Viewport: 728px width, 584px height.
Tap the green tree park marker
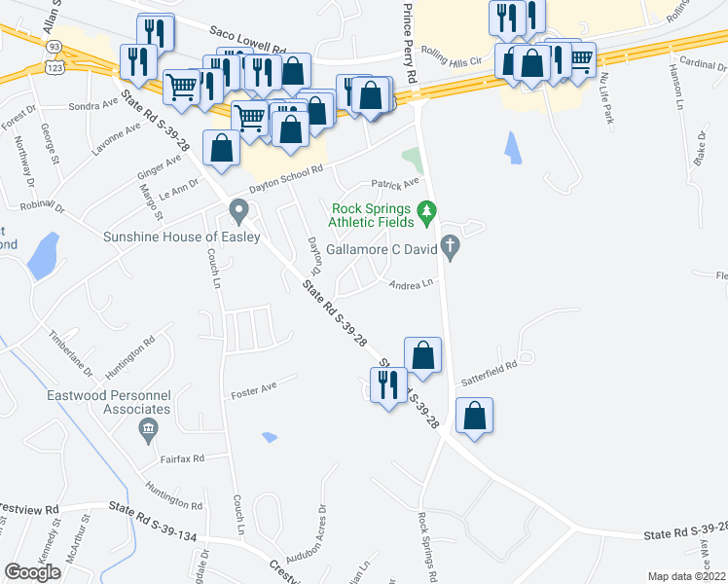(425, 209)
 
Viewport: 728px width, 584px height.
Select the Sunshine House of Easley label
(182, 237)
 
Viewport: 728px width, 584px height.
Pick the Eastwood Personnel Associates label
(108, 403)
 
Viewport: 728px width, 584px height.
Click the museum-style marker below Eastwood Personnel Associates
(147, 429)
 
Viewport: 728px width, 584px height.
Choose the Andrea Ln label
(410, 285)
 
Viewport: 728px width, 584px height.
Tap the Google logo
(32, 572)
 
